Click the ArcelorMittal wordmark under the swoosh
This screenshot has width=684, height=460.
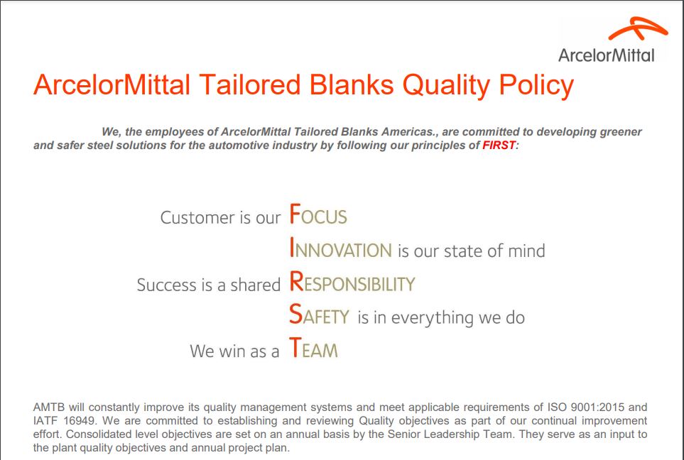[x=607, y=55]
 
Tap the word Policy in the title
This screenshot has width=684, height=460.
[x=536, y=85]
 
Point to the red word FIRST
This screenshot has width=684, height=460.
[x=499, y=146]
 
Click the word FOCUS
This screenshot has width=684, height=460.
[x=318, y=214]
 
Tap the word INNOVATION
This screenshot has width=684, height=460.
[x=341, y=248]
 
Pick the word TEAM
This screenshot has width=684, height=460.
[x=313, y=349]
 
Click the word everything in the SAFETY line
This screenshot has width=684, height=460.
[x=433, y=318]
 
